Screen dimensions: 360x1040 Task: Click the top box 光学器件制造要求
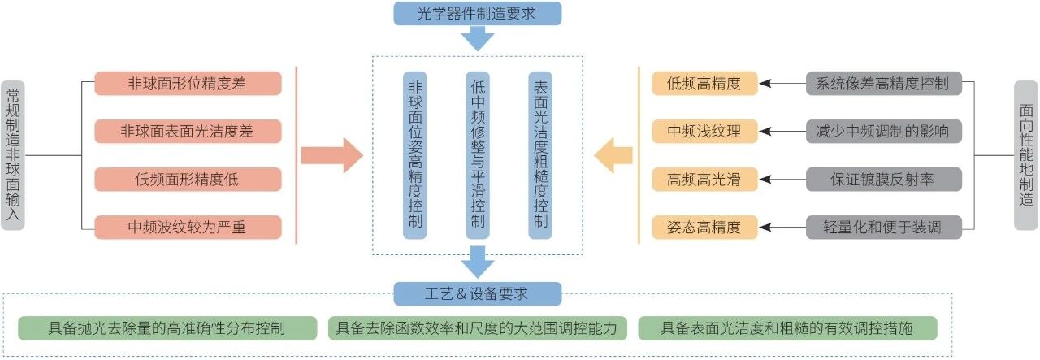tap(477, 13)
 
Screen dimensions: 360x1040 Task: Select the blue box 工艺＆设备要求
tap(477, 293)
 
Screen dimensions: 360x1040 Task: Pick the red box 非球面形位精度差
tap(188, 83)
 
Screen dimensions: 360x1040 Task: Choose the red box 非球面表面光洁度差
tap(188, 131)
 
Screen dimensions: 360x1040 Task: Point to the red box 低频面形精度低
tap(188, 179)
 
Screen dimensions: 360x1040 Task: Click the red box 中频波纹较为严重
tap(188, 227)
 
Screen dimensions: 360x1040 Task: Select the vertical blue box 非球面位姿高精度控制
tap(415, 155)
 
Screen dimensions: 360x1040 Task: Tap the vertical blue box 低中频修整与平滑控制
tap(478, 155)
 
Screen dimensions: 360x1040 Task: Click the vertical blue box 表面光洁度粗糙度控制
tap(540, 155)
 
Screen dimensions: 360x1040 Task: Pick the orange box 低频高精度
tap(704, 83)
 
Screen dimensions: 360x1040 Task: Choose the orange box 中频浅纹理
tap(704, 131)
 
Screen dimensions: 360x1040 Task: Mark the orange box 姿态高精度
tap(704, 227)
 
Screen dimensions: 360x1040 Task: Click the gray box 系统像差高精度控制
tap(884, 83)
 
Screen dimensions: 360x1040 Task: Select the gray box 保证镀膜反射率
tap(884, 179)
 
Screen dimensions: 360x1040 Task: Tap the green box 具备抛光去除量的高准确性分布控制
tap(167, 328)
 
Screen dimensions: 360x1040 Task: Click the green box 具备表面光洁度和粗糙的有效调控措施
tap(787, 328)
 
